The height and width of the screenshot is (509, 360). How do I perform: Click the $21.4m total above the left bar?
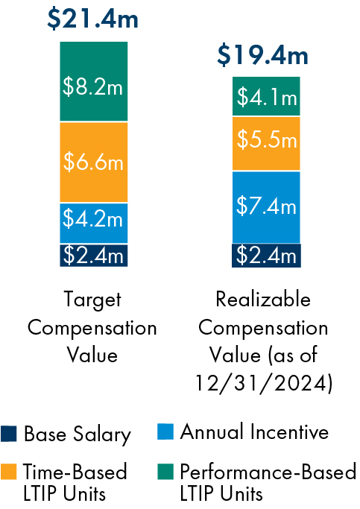92,18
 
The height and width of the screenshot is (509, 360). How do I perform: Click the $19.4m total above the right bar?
262,54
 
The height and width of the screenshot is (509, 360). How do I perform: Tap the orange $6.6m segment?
93,162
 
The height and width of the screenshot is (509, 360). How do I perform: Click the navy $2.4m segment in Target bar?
93,255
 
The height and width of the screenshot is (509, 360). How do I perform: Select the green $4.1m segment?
266,96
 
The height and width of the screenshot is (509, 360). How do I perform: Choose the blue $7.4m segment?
266,206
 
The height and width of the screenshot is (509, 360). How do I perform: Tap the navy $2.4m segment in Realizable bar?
266,255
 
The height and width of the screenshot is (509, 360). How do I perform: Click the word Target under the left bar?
92,300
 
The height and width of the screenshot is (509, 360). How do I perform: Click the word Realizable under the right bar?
262,300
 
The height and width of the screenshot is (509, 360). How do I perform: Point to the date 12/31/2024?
262,384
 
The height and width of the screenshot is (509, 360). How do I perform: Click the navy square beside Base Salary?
9,434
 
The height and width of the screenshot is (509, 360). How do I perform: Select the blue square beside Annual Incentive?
166,431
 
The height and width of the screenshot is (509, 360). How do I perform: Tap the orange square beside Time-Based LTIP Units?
9,472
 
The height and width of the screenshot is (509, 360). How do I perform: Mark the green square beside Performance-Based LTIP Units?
166,472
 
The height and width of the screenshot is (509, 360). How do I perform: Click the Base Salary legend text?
77,434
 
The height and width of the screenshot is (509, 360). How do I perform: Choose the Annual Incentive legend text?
254,431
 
